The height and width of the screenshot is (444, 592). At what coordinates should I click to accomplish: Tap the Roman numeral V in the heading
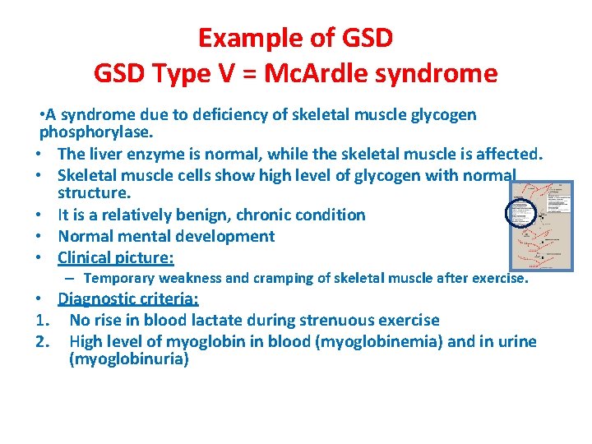pyautogui.click(x=220, y=74)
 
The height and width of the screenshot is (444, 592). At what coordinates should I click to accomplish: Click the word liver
pyautogui.click(x=107, y=154)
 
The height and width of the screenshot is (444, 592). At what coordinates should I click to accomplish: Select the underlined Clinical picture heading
pyautogui.click(x=115, y=258)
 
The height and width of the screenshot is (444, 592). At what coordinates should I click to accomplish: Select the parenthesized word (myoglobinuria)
pyautogui.click(x=129, y=360)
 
